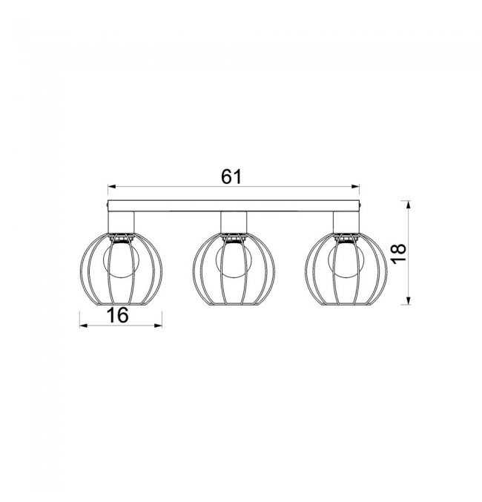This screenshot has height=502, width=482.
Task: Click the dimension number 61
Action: click(231, 176)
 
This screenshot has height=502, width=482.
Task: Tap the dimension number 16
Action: click(118, 315)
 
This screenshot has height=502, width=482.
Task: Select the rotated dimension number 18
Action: click(399, 254)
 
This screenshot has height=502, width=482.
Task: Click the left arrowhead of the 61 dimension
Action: click(112, 187)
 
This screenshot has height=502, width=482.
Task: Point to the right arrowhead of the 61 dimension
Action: click(355, 187)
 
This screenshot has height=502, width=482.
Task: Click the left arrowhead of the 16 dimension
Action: click(84, 326)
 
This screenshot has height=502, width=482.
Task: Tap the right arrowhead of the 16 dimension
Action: click(158, 326)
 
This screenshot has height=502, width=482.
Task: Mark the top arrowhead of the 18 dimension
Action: click(408, 205)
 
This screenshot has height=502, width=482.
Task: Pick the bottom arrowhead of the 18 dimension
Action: click(408, 300)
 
